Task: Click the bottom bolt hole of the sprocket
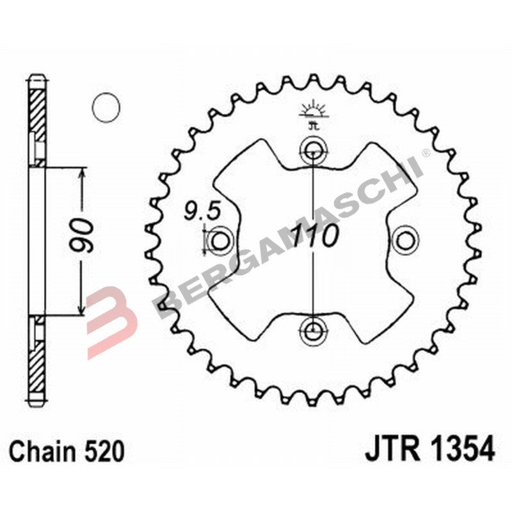click(x=312, y=331)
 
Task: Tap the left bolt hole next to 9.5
click(x=220, y=241)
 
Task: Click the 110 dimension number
click(x=315, y=237)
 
